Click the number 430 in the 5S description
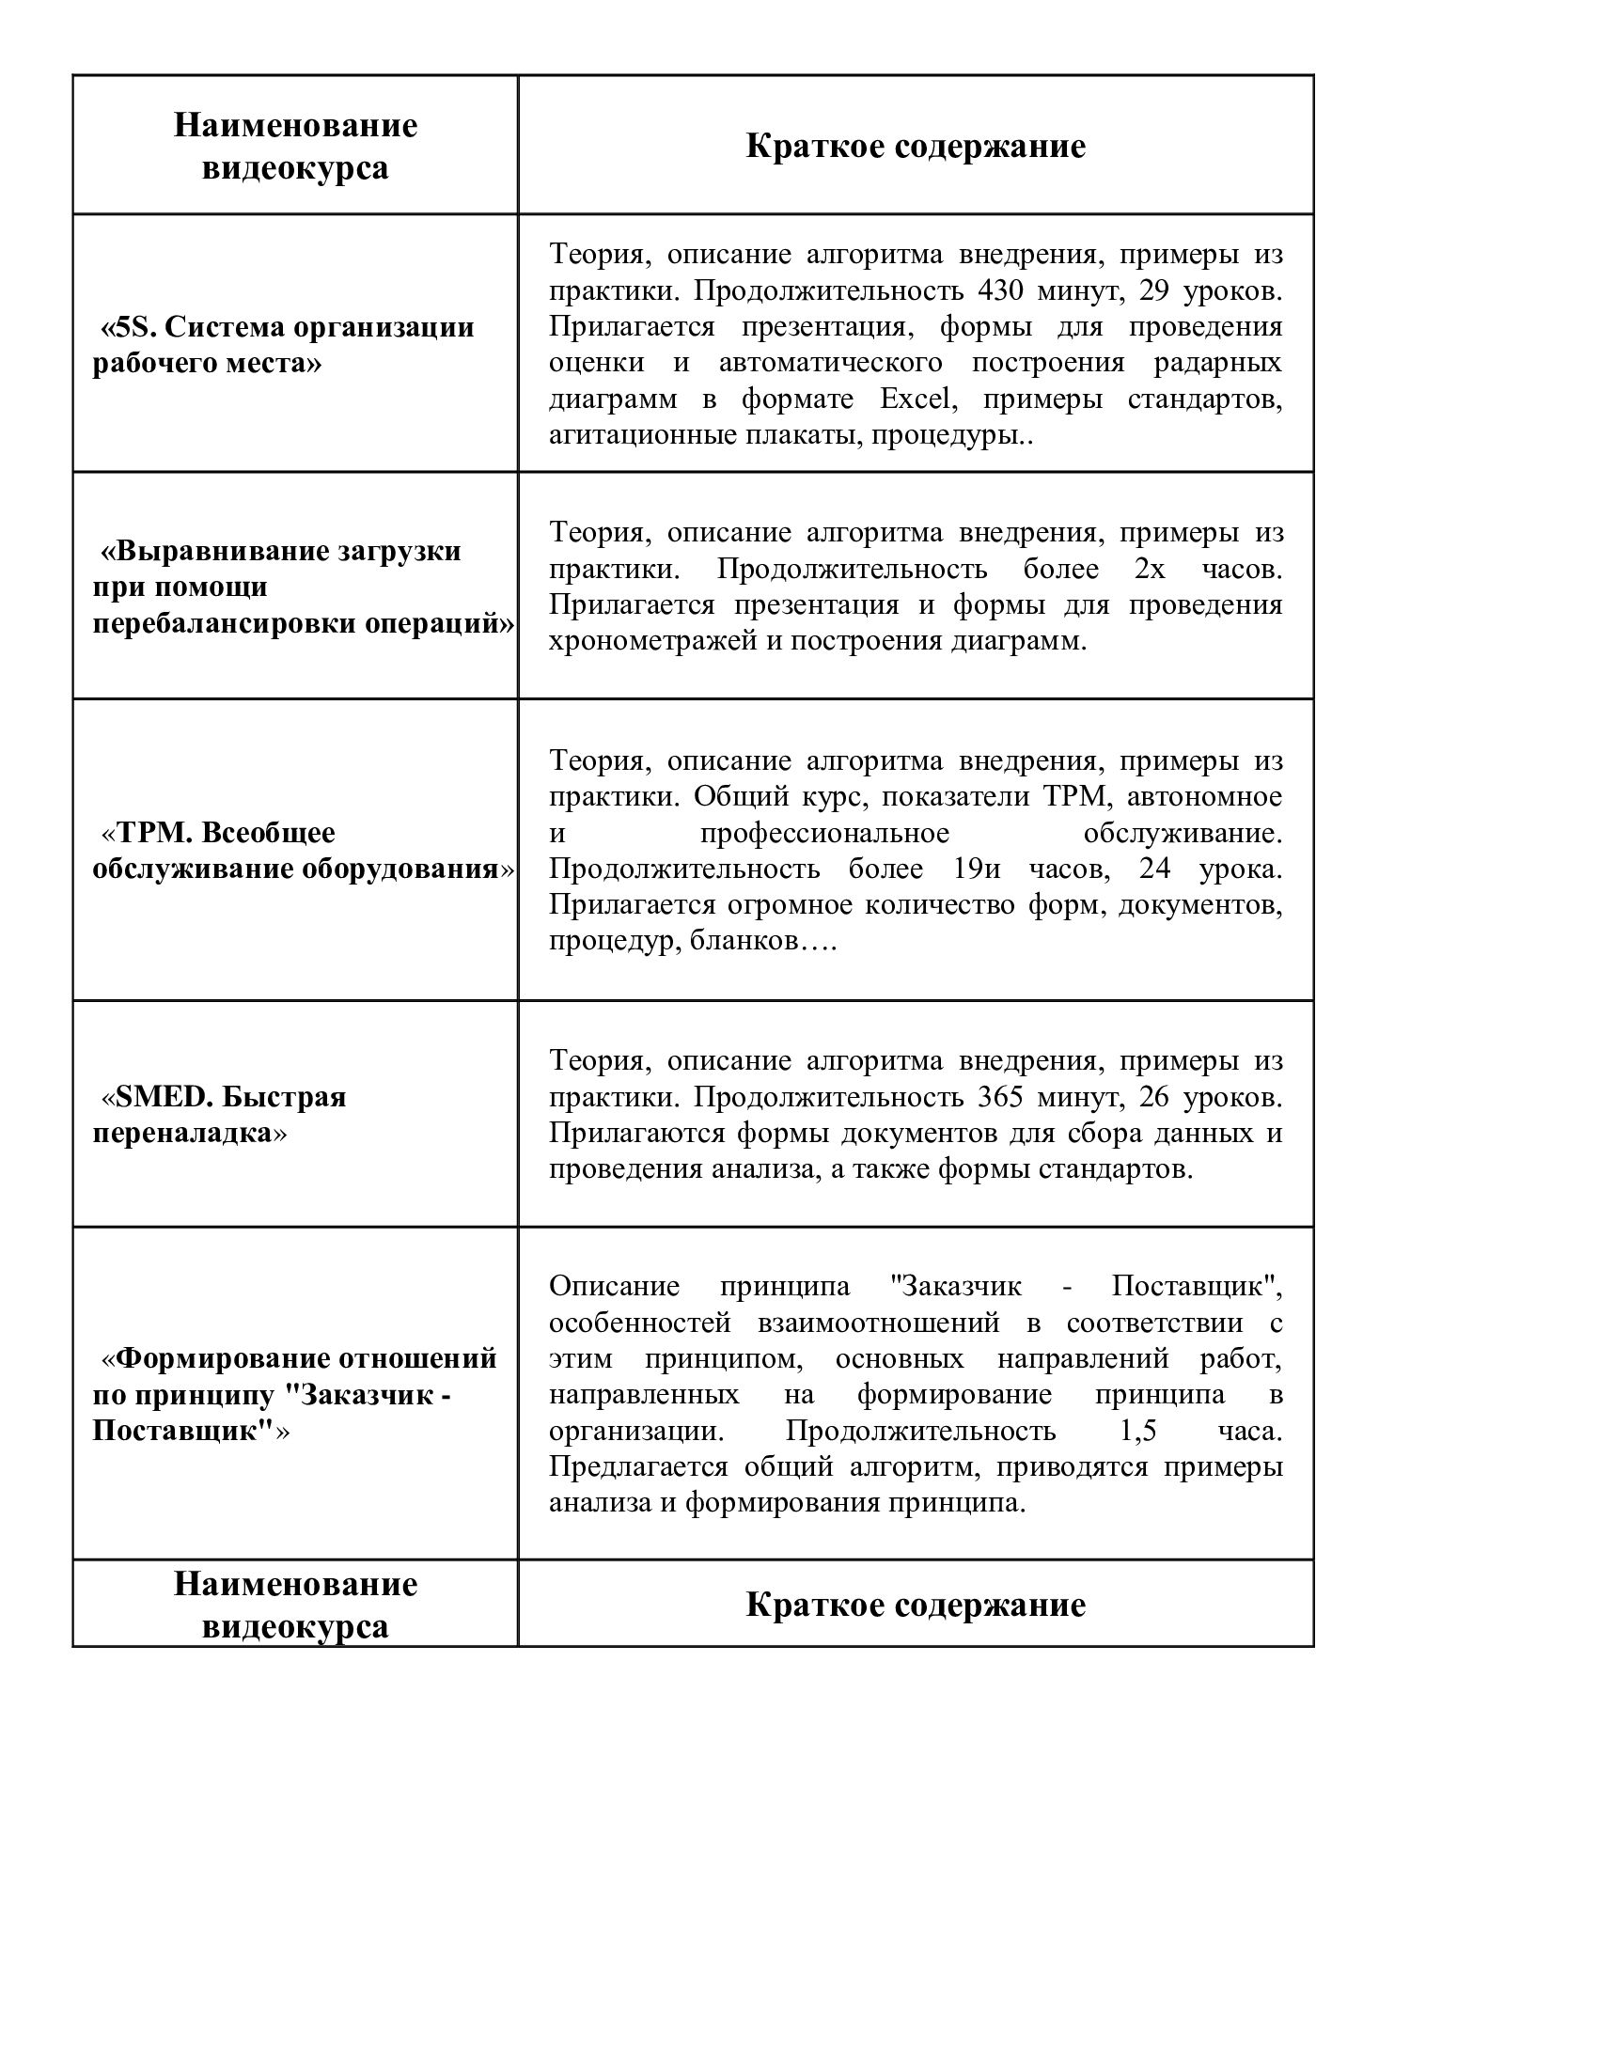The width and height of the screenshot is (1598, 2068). (x=1000, y=290)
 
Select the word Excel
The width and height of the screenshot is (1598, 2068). (x=916, y=399)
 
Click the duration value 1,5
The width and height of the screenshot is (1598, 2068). (x=1138, y=1431)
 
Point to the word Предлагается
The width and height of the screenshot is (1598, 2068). (x=637, y=1466)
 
